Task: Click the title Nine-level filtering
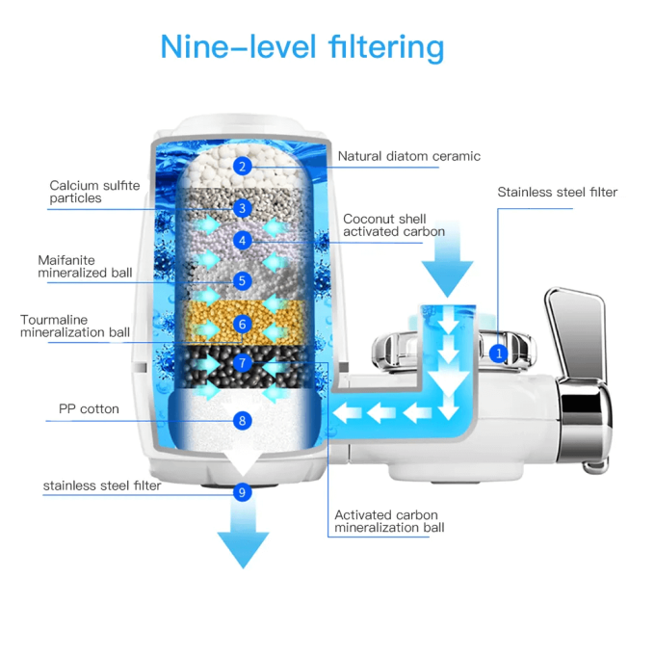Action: (302, 46)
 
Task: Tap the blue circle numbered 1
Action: (498, 354)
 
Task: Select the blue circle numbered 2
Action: (243, 166)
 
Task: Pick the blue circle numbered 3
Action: (243, 207)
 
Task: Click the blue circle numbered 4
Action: (243, 241)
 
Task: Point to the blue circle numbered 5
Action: (243, 281)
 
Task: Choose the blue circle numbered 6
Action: (243, 324)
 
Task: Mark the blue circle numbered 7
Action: (243, 363)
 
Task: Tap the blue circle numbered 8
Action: (243, 420)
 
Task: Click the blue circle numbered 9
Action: (243, 492)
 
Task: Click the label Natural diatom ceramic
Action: (408, 156)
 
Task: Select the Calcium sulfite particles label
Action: (89, 192)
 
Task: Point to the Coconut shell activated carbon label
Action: (393, 225)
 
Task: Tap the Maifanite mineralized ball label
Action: (85, 266)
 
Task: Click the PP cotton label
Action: (89, 409)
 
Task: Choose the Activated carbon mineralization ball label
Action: (388, 521)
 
